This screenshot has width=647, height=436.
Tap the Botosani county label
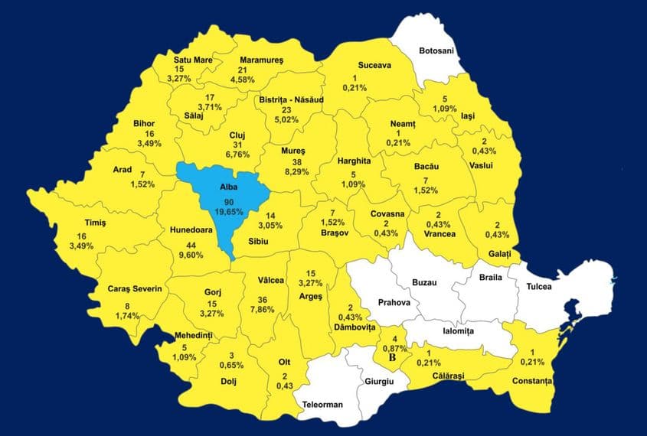click(436, 50)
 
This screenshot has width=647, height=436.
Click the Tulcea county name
click(544, 287)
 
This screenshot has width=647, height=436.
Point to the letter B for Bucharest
click(393, 356)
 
